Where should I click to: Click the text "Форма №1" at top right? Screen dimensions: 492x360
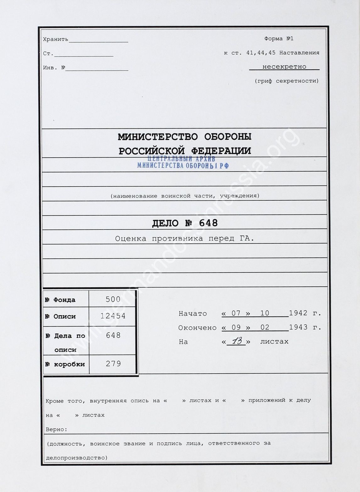click(279, 39)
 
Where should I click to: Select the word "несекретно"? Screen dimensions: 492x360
click(284, 67)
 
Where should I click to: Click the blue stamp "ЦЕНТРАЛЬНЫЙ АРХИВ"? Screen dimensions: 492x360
click(181, 159)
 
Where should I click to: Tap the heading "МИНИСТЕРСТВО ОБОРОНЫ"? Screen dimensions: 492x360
click(185, 137)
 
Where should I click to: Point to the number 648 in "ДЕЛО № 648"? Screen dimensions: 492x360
click(206, 223)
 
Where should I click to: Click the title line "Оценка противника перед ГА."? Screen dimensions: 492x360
click(185, 239)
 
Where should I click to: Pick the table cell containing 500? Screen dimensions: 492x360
click(113, 299)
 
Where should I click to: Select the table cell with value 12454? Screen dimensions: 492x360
click(113, 316)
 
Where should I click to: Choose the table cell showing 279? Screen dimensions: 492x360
click(113, 364)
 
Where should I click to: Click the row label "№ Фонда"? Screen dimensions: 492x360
click(60, 300)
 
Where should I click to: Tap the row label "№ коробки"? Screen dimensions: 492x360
click(65, 364)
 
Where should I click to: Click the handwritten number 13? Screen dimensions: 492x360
click(237, 341)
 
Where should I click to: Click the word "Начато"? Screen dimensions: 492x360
click(193, 313)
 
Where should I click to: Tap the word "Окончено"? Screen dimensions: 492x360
click(197, 327)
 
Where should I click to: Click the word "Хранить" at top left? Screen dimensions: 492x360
click(56, 39)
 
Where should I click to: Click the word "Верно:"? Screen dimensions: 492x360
click(57, 429)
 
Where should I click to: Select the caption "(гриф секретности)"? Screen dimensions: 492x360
click(286, 81)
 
